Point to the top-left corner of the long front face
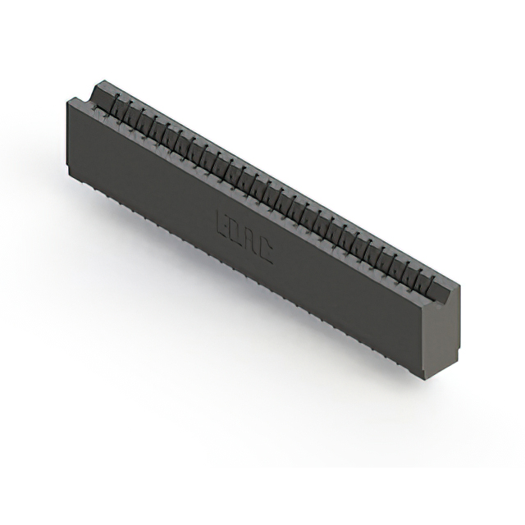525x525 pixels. tap(66, 99)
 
